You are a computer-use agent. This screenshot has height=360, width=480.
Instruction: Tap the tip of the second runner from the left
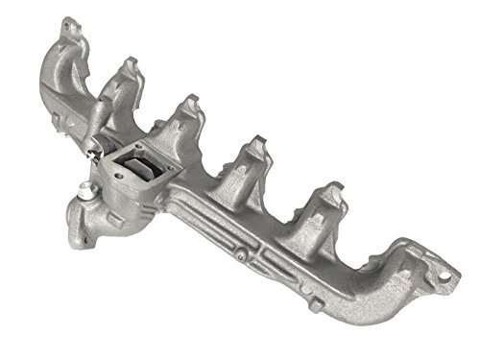(127, 65)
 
